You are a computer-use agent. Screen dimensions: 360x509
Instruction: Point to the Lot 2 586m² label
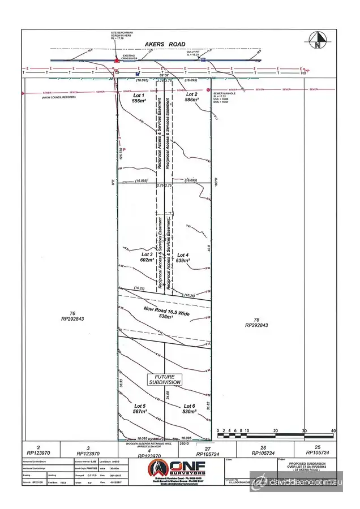point(191,97)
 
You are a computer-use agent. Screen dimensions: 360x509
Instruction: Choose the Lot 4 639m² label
point(182,258)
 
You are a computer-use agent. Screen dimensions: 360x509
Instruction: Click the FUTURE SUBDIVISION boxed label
point(165,379)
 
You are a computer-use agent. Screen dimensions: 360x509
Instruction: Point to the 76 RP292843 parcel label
point(72,316)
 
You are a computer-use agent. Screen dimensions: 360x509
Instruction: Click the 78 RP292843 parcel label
point(256,322)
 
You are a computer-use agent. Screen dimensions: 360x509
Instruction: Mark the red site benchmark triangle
point(116,59)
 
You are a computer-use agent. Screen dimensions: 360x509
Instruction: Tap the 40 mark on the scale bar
point(333,432)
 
